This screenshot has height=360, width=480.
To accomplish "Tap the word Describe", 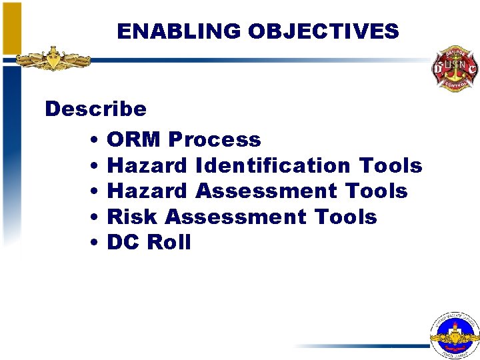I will [x=95, y=109].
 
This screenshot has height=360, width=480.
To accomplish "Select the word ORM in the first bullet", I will [x=134, y=140].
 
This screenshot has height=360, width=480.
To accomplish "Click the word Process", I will [x=214, y=140].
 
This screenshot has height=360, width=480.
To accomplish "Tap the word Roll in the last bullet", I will [x=169, y=243].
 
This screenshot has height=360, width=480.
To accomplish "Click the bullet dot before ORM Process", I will [x=94, y=141].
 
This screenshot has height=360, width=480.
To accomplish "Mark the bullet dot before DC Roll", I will [x=94, y=243].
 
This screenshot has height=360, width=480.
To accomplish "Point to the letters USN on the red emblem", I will [x=455, y=65].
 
